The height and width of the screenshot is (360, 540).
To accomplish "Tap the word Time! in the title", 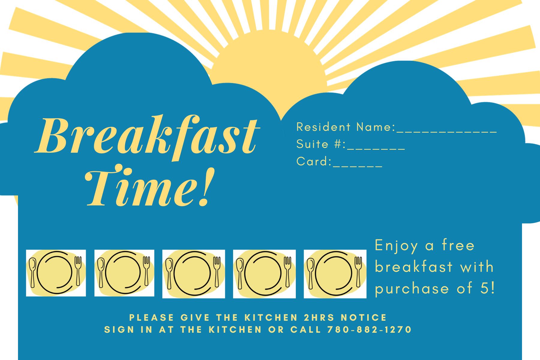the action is click(x=150, y=186).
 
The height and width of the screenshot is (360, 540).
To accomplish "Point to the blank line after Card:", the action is click(x=358, y=166).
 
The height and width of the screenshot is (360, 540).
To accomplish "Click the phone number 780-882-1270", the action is click(x=369, y=329).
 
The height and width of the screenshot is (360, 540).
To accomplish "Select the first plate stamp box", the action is click(x=56, y=273).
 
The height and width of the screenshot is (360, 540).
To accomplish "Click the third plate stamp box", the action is click(x=193, y=274).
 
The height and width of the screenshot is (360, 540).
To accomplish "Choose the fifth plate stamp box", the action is click(x=335, y=274).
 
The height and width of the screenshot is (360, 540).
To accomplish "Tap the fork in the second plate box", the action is click(x=146, y=271).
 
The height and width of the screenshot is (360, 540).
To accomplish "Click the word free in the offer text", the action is click(x=458, y=245).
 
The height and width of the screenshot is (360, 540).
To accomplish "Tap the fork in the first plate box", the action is click(x=78, y=271).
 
